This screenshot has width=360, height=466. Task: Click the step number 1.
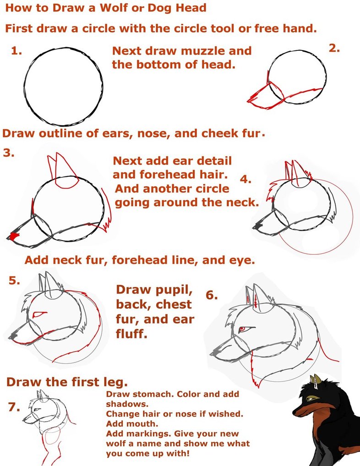(17, 51)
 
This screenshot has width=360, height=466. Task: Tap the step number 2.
(334, 48)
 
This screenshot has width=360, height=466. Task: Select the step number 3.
(8, 153)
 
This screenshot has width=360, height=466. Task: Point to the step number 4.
(245, 180)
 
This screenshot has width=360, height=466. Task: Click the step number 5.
(14, 281)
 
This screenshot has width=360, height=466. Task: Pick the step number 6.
(211, 295)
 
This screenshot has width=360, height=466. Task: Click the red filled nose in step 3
(13, 236)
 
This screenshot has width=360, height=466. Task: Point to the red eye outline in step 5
(40, 314)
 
